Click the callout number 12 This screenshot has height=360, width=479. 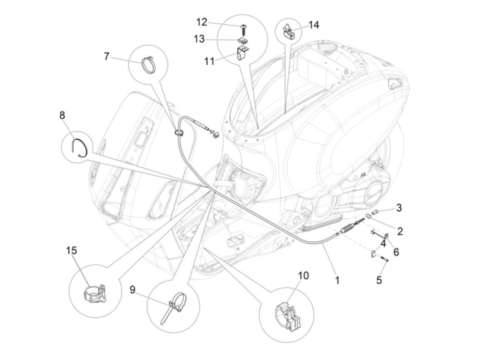click(x=202, y=22)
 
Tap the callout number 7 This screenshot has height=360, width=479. click(x=107, y=56)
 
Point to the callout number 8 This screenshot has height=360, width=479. click(x=62, y=115)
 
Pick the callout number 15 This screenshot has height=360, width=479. click(x=72, y=250)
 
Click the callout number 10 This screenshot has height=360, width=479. click(x=303, y=275)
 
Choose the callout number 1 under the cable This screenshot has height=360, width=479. click(x=337, y=281)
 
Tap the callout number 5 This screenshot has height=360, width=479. click(x=379, y=280)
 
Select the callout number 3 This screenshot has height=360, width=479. click(x=399, y=207)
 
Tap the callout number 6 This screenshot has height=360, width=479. click(x=396, y=252)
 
